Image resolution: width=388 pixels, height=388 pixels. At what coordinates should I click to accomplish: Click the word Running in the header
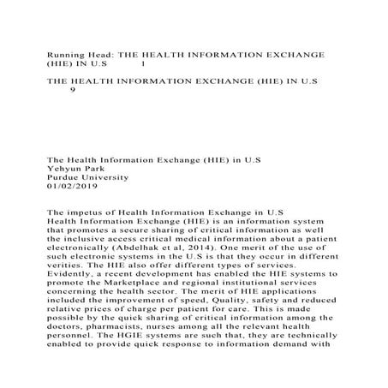[x=65, y=55]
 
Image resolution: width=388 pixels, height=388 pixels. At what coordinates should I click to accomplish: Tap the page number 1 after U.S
[x=142, y=65]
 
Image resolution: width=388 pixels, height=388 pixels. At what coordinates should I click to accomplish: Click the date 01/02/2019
[x=74, y=188]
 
